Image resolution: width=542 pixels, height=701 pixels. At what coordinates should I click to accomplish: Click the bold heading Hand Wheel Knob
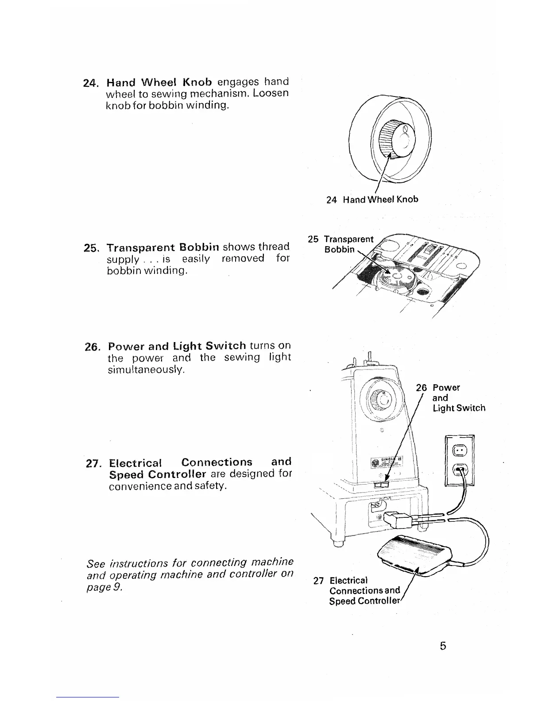159,82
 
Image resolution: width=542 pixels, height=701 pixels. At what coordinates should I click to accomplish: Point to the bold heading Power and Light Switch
177,346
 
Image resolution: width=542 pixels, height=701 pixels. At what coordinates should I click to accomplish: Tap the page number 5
443,646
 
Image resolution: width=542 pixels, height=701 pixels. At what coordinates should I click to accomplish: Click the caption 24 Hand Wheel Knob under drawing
372,199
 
